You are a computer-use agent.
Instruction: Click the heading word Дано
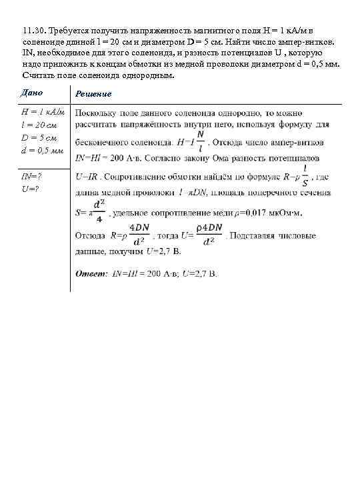[33, 92]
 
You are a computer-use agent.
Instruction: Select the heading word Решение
[93, 94]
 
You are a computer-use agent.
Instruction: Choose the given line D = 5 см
[39, 137]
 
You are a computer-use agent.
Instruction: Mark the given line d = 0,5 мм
[43, 150]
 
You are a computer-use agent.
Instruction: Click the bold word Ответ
[91, 273]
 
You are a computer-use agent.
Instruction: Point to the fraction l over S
[305, 177]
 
